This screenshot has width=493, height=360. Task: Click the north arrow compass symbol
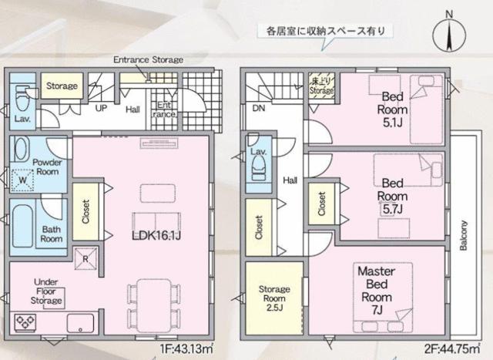[x=449, y=34]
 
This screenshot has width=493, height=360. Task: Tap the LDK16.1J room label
[x=156, y=236]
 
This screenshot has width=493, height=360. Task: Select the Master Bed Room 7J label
[x=377, y=291]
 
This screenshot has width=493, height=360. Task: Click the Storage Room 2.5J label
[x=274, y=298]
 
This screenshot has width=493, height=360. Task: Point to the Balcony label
[x=464, y=235]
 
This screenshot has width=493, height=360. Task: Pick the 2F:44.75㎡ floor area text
[x=452, y=349]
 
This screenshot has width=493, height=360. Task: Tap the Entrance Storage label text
[x=149, y=59]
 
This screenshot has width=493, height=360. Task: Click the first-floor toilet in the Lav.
[x=22, y=98]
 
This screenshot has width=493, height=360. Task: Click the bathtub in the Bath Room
[x=22, y=227]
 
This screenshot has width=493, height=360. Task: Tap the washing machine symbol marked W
[x=22, y=180]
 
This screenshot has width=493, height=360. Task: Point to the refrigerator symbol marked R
[x=86, y=259]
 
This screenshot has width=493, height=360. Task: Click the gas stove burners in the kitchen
[x=25, y=322]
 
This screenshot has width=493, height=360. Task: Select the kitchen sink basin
[x=80, y=322]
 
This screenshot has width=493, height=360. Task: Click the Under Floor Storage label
[x=46, y=291]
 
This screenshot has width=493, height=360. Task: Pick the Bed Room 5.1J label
[x=392, y=109]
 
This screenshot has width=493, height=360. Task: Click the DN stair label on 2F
[x=259, y=108]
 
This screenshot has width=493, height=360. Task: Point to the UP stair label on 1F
[x=101, y=108]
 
